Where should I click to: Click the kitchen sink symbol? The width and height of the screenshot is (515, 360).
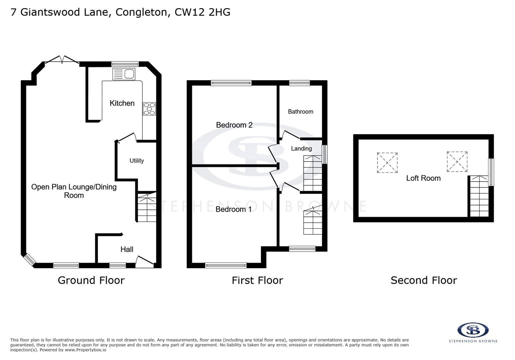(124, 74)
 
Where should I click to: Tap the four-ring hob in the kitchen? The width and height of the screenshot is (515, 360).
(149, 109)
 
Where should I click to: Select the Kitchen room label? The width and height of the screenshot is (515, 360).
(122, 103)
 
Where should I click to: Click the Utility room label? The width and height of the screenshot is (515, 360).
(137, 161)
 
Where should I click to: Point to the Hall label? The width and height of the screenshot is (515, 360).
(127, 249)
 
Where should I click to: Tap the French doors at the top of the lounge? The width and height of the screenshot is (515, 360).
(62, 60)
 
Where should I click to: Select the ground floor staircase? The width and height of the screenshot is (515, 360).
(147, 207)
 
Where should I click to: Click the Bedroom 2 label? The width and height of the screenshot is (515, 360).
(234, 125)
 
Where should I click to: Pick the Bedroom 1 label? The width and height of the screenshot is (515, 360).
(233, 209)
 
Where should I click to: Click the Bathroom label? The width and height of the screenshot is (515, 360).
(301, 112)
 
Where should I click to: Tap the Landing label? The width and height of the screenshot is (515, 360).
(301, 149)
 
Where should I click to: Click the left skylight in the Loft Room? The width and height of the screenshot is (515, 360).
(387, 163)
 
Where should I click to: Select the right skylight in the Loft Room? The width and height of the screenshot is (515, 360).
(457, 162)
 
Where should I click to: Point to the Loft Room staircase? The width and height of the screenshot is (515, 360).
(479, 197)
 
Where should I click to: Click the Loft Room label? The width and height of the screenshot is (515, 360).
(423, 178)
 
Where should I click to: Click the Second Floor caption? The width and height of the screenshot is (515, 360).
(424, 280)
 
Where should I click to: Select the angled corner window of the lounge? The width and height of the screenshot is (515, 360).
(29, 260)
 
